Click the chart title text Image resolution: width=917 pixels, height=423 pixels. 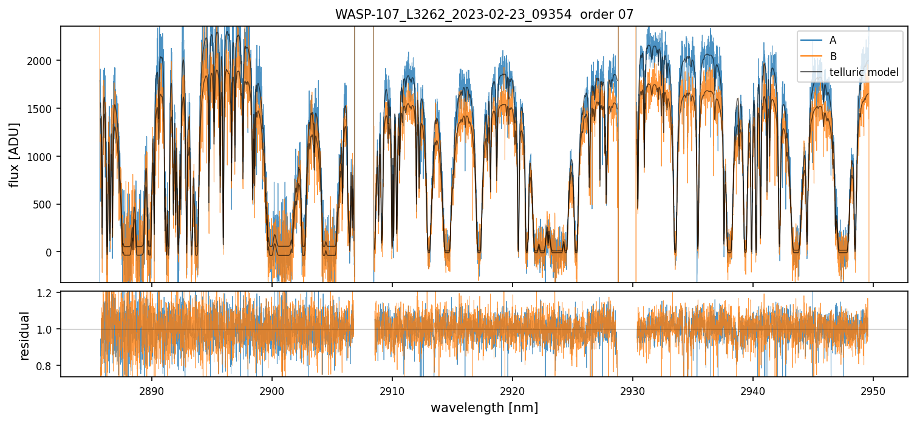[x=484, y=15]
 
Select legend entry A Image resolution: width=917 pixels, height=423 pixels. [x=833, y=40]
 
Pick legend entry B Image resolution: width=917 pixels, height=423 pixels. [x=833, y=57]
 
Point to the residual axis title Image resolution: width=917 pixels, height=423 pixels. [x=25, y=335]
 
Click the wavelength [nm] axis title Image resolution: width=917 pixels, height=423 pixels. [x=484, y=407]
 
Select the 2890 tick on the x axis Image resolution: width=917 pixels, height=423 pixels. [x=151, y=391]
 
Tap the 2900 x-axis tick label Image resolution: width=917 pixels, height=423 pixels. [x=271, y=391]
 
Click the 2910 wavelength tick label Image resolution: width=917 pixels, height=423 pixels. [x=392, y=391]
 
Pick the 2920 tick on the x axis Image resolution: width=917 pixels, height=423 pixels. [x=512, y=391]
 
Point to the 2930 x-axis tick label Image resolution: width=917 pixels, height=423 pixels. [x=633, y=391]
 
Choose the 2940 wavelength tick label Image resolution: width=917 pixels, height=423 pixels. [x=753, y=391]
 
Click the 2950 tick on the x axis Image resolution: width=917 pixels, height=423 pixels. [x=873, y=391]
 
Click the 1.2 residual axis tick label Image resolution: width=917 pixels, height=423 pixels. [x=47, y=293]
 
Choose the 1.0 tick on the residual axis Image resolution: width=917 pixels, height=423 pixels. [x=47, y=329]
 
